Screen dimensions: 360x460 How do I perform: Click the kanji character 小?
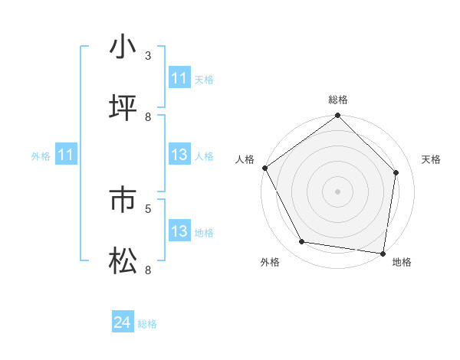123,47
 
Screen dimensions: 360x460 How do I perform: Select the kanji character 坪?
123,109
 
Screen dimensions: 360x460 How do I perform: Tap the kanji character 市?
123,200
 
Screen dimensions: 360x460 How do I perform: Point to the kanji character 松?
123,262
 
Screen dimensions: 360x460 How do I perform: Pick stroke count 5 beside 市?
148,208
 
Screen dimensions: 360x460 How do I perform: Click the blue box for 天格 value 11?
179,78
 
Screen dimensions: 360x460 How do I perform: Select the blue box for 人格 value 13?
179,155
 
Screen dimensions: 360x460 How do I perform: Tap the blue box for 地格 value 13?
179,232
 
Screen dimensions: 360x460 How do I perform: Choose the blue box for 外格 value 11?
65,155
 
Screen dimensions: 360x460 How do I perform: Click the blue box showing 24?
122,323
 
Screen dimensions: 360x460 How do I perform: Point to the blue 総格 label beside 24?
147,324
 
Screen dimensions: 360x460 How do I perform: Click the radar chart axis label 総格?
338,100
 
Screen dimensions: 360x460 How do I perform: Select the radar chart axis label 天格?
431,159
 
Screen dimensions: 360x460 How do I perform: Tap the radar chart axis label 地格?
402,262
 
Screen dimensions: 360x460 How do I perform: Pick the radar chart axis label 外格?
270,262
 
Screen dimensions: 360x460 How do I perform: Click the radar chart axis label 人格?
245,159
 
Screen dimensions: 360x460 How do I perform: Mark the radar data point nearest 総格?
337,116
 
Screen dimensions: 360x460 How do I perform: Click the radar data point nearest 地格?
383,253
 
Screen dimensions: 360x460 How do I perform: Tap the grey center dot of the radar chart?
337,191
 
